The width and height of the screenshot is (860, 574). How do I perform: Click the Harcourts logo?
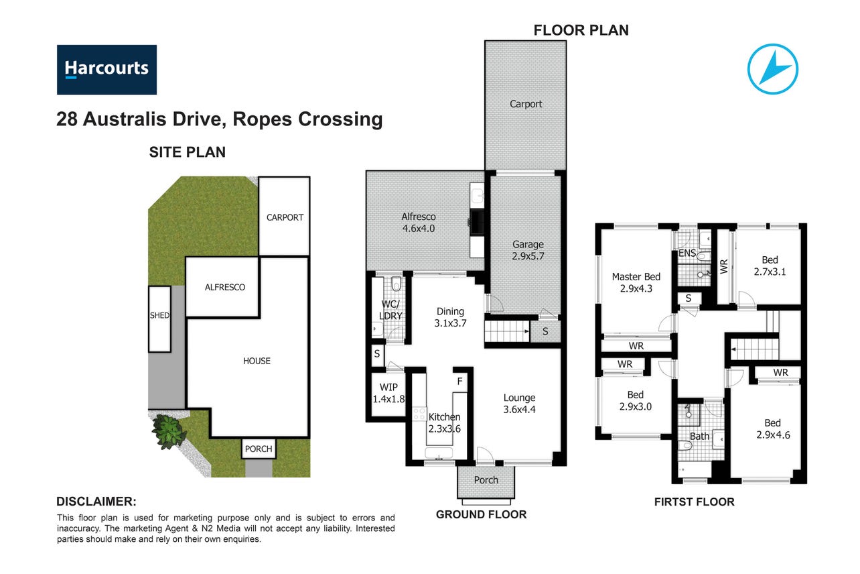click(106, 70)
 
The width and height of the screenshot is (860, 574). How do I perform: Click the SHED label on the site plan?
click(159, 316)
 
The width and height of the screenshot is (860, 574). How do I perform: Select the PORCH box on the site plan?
click(259, 449)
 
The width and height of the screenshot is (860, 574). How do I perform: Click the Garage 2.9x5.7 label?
click(528, 250)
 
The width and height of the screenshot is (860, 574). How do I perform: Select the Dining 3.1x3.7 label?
click(450, 317)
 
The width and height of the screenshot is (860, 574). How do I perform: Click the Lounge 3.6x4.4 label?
click(520, 403)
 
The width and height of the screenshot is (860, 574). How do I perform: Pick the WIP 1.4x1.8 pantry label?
click(388, 393)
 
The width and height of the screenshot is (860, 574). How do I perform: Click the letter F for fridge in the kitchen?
click(459, 382)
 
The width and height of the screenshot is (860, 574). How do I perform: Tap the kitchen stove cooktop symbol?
click(419, 414)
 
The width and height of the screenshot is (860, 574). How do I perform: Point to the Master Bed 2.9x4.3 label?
click(636, 282)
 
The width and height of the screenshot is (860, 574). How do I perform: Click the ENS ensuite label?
click(687, 253)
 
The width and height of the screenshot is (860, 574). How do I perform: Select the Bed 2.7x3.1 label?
click(770, 266)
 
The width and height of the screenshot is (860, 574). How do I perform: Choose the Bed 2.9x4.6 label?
click(773, 428)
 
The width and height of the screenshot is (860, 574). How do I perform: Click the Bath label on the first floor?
click(699, 437)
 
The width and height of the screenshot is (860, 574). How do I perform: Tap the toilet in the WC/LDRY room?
click(397, 284)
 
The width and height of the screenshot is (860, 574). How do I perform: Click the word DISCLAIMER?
click(96, 502)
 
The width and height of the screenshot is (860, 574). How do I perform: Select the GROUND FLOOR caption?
click(481, 514)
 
